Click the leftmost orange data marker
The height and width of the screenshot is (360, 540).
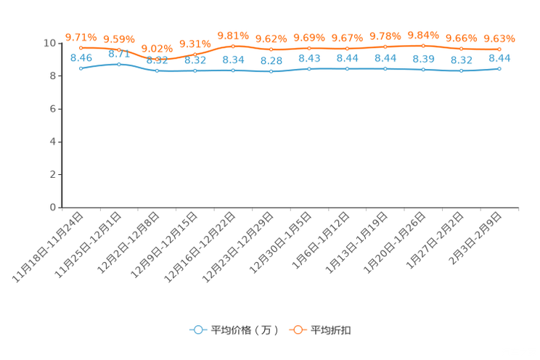(x=81, y=47)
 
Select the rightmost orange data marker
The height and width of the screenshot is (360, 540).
(x=499, y=49)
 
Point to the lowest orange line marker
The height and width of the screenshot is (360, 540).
(x=157, y=60)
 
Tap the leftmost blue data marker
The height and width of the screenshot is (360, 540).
(x=81, y=68)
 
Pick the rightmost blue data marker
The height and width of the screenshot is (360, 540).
(x=499, y=68)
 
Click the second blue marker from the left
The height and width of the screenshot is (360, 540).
(x=119, y=64)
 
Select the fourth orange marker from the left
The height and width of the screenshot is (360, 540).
(x=195, y=54)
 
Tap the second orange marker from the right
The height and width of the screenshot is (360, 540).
(x=462, y=49)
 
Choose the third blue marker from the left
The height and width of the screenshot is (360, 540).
(x=157, y=70)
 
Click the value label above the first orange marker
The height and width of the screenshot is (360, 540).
(x=81, y=36)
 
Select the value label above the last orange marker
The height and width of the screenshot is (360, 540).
(x=499, y=38)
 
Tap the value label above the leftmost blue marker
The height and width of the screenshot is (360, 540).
(x=81, y=57)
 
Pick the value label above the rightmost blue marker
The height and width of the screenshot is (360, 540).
(x=500, y=57)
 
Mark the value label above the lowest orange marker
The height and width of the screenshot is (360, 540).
(x=157, y=49)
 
